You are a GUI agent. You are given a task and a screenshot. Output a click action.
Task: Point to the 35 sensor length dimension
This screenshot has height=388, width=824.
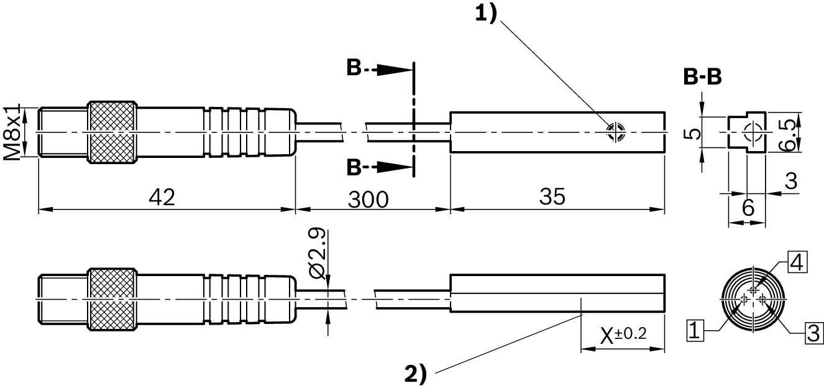[x=552, y=197]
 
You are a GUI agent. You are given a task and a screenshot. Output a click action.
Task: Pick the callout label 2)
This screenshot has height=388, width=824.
[x=416, y=374]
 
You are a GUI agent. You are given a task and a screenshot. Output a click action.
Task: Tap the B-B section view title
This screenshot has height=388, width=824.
[x=702, y=77]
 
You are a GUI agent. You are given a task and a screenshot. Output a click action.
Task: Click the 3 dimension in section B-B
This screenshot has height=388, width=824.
[x=790, y=182]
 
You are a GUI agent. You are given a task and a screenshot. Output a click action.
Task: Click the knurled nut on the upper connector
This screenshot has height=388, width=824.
[x=112, y=132]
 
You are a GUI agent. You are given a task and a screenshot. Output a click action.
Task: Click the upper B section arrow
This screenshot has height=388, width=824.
[x=379, y=69]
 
